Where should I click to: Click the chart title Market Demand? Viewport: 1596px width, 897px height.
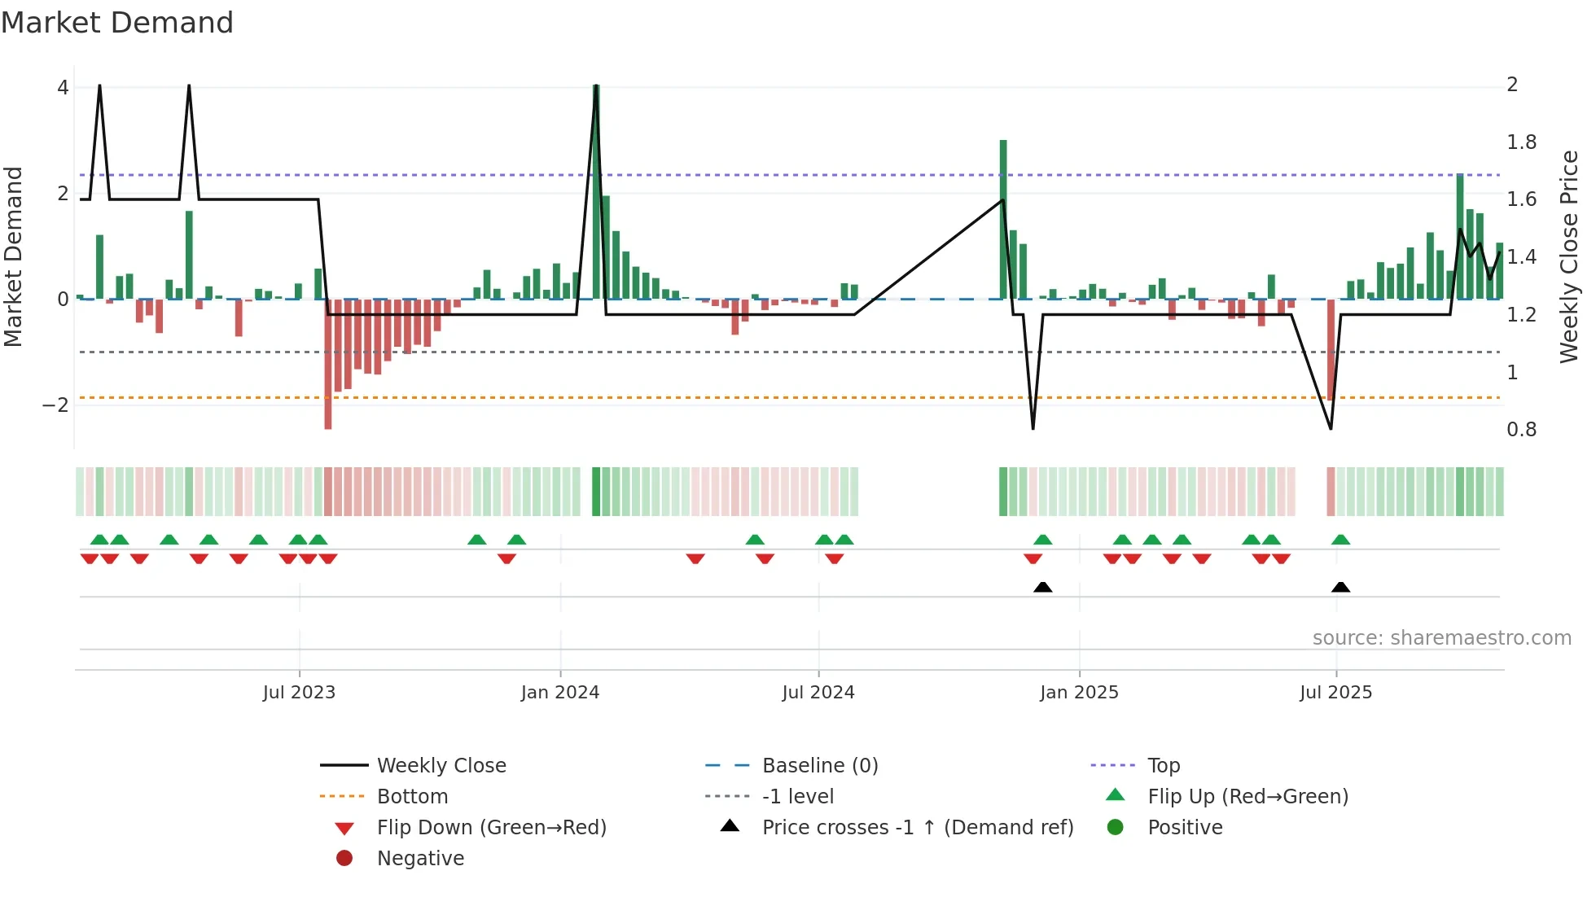pyautogui.click(x=117, y=23)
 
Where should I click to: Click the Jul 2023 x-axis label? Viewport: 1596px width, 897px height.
pyautogui.click(x=299, y=693)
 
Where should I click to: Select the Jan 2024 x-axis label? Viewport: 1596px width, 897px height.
pyautogui.click(x=560, y=693)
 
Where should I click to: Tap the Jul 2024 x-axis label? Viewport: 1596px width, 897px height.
pyautogui.click(x=818, y=693)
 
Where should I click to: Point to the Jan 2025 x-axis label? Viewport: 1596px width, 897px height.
pyautogui.click(x=1079, y=693)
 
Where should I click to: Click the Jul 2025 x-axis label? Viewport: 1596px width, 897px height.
pyautogui.click(x=1335, y=693)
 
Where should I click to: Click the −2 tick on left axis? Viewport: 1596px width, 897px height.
pyautogui.click(x=55, y=405)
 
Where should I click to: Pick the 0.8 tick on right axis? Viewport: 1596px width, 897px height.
pyautogui.click(x=1521, y=430)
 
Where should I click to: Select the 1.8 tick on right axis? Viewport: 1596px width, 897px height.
pyautogui.click(x=1521, y=142)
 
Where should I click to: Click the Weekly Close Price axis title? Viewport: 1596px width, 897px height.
pyautogui.click(x=1569, y=256)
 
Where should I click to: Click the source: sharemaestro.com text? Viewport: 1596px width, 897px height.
pyautogui.click(x=1441, y=638)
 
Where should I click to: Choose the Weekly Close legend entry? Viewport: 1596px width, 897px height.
pyautogui.click(x=441, y=766)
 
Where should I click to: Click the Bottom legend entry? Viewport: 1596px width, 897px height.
pyautogui.click(x=412, y=797)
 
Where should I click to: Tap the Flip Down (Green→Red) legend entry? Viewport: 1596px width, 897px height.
pyautogui.click(x=491, y=828)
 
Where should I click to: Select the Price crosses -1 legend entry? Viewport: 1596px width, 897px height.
pyautogui.click(x=917, y=828)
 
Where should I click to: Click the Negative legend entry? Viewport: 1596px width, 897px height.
pyautogui.click(x=420, y=859)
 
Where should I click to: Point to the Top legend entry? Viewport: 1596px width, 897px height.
pyautogui.click(x=1163, y=766)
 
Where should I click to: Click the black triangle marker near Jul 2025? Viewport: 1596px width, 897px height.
pyautogui.click(x=1340, y=587)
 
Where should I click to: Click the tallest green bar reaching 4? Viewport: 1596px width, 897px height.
pyautogui.click(x=596, y=191)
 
